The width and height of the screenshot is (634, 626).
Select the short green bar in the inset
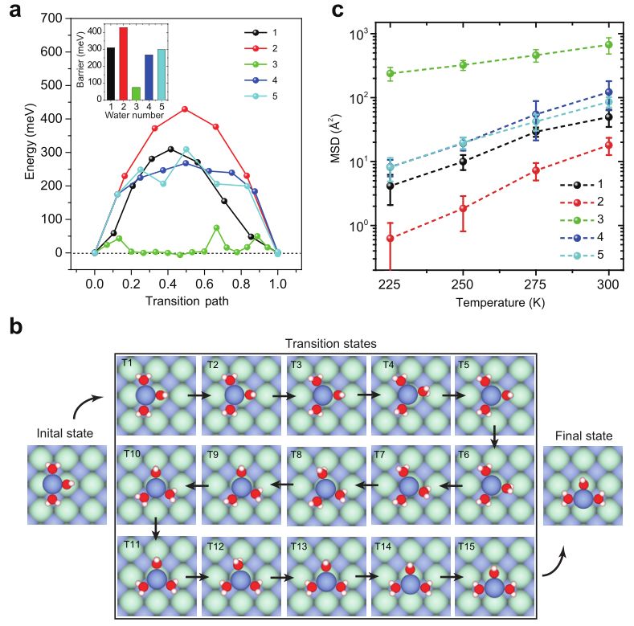point(136,92)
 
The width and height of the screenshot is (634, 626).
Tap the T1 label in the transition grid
point(127,362)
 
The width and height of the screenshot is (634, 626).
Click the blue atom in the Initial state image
point(52,485)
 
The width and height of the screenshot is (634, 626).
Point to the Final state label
point(583,436)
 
